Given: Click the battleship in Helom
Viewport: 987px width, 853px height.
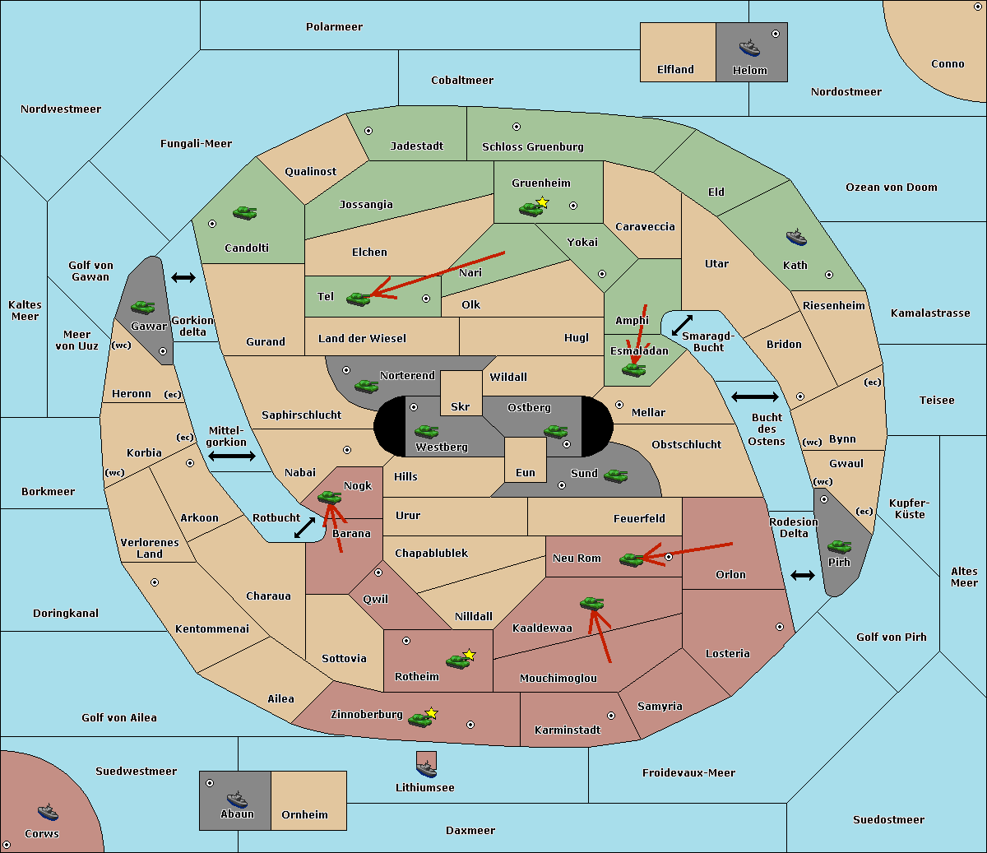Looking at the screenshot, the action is pyautogui.click(x=749, y=48).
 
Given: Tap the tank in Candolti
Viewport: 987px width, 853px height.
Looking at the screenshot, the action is pyautogui.click(x=244, y=212).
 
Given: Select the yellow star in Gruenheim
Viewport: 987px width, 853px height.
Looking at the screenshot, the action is pyautogui.click(x=543, y=202).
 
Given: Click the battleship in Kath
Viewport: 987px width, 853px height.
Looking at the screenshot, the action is pyautogui.click(x=796, y=238).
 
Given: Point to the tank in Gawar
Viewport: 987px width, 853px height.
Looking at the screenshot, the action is pyautogui.click(x=142, y=307).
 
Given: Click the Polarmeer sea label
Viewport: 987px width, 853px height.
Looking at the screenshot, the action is pyautogui.click(x=334, y=27).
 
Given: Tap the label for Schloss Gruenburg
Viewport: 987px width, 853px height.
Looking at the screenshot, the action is pyautogui.click(x=532, y=146).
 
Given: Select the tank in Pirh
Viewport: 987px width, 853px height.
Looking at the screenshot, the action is pyautogui.click(x=839, y=546).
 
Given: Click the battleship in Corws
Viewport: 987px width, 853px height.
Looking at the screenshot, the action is pyautogui.click(x=48, y=812).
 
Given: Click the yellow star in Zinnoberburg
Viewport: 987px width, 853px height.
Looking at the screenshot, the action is pyautogui.click(x=431, y=713).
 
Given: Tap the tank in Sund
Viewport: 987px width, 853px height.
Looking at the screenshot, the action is pyautogui.click(x=615, y=475).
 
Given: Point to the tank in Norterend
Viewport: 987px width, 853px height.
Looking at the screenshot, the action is pyautogui.click(x=366, y=386).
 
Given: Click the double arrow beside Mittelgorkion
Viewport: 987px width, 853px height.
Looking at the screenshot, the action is pyautogui.click(x=232, y=456).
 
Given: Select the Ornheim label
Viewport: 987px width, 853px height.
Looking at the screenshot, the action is pyautogui.click(x=304, y=814).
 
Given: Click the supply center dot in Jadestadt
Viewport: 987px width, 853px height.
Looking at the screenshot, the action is pyautogui.click(x=368, y=131).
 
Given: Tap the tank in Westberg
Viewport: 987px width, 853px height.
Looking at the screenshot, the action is pyautogui.click(x=426, y=431).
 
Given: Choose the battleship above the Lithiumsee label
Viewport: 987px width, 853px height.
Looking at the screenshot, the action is pyautogui.click(x=426, y=769).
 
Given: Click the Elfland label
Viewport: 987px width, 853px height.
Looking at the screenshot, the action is pyautogui.click(x=675, y=69).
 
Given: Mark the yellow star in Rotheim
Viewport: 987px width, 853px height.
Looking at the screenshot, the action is pyautogui.click(x=469, y=654).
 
